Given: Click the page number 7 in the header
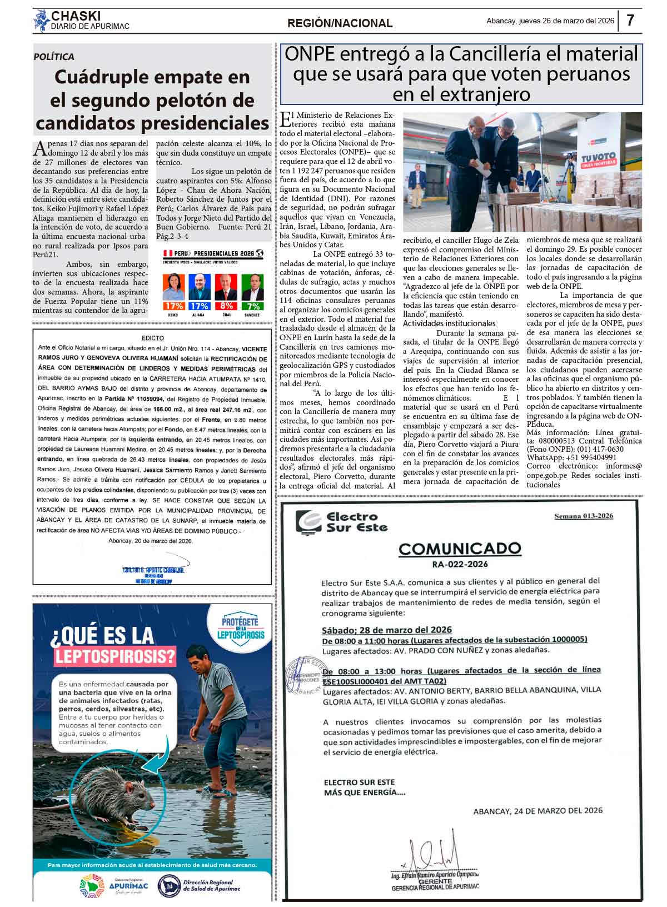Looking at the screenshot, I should pos(630,21).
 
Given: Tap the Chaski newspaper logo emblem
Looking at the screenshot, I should pos(41,21).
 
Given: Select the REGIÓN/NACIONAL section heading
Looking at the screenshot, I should pos(340,23).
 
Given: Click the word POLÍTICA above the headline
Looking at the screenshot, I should pos(54,57).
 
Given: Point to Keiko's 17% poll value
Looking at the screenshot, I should pos(173,306).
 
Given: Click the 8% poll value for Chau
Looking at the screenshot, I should pos(226,306).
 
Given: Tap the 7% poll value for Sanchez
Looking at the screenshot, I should pos(253,306).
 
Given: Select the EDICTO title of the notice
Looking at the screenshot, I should pos(153,338).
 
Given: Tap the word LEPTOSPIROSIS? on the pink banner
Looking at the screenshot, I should pos(115,656).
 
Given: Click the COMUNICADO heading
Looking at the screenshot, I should pos(460,549).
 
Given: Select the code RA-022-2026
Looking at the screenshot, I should pos(460,564).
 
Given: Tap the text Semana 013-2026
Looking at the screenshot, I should pos(584,516).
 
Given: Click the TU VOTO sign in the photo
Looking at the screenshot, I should pos(598,159).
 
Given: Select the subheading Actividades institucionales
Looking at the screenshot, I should pos(449,323).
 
